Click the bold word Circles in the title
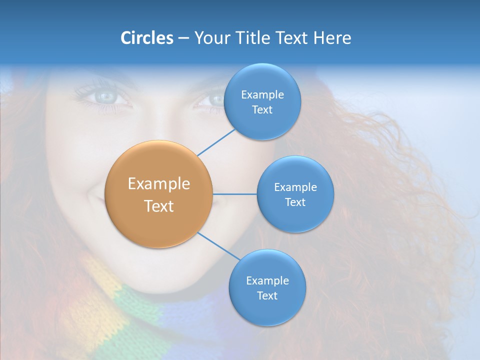(147, 38)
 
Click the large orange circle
(159, 194)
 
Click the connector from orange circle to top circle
(216, 142)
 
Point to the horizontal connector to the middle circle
(234, 194)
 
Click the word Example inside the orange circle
(159, 184)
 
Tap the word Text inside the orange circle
(159, 206)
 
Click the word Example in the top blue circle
(262, 94)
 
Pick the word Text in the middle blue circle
(295, 202)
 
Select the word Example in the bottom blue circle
(267, 280)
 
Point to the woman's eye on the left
(106, 96)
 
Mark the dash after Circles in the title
(183, 38)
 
